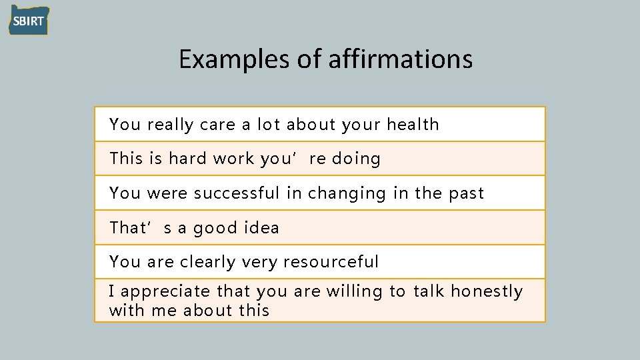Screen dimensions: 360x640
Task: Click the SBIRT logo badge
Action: coord(29,20)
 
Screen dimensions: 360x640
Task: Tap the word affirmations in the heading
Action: coord(401,59)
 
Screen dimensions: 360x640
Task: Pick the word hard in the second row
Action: coord(187,159)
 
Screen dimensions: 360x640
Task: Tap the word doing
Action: coord(356,159)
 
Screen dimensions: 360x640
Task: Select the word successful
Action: coord(237,193)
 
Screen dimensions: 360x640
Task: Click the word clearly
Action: coord(207,262)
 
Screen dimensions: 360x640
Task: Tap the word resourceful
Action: coord(331,262)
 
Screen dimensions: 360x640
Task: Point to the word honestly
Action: coord(487,292)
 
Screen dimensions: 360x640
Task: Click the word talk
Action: coord(429,292)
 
